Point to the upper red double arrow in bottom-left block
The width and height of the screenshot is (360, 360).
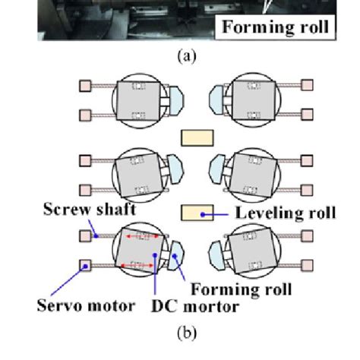[x=138, y=236]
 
